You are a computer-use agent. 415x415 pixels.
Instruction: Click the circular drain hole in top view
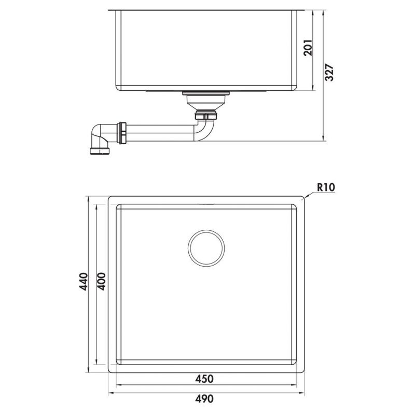(x=206, y=246)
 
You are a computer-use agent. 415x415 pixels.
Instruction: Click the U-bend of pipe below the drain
(x=205, y=130)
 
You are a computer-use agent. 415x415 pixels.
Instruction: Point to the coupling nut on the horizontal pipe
(x=123, y=132)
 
